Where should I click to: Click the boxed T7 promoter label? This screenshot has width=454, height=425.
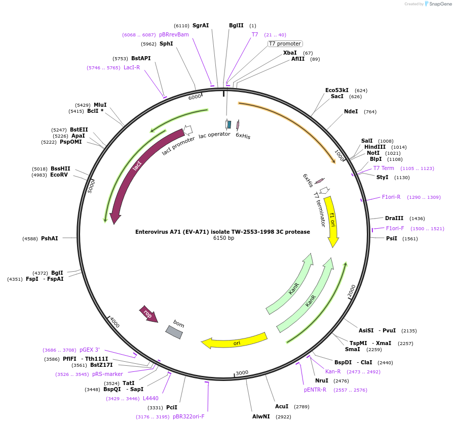(285, 44)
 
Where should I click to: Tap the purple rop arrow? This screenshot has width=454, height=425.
(148, 314)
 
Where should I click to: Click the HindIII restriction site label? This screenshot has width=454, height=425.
(374, 147)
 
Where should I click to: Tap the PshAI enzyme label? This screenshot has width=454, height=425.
(50, 238)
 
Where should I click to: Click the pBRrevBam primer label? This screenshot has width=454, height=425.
(174, 34)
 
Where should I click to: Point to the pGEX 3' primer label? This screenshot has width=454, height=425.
(90, 350)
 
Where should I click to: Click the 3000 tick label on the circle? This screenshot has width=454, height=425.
(242, 372)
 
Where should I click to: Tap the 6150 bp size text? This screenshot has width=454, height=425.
(223, 238)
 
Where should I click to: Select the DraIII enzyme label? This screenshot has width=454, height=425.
(394, 218)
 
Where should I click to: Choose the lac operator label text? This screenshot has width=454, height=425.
(214, 135)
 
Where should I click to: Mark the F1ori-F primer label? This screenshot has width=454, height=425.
(395, 228)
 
